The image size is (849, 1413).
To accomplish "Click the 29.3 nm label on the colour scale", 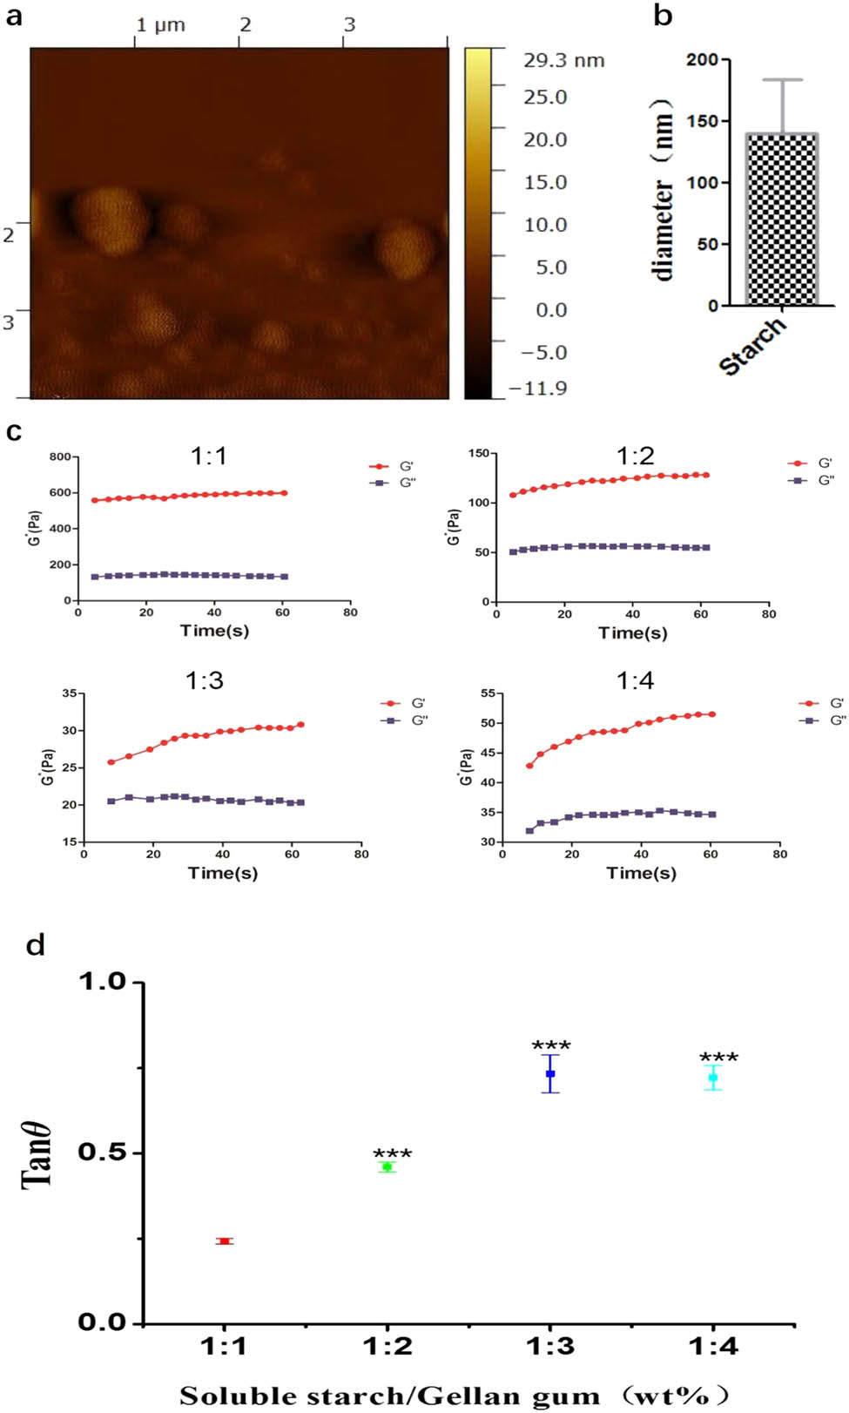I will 563,60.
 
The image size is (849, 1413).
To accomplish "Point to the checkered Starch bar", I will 781,220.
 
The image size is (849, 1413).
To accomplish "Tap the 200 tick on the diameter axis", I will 702,60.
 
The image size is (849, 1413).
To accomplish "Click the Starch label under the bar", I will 753,346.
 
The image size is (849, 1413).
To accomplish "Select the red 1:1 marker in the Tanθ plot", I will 225,1241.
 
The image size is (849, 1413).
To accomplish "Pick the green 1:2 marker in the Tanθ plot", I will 387,1166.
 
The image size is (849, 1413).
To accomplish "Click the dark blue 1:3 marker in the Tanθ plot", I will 550,1073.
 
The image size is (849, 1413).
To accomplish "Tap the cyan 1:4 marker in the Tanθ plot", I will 713,1078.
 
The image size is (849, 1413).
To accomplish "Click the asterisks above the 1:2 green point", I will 392,1153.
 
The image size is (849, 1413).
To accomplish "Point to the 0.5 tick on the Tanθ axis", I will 102,1152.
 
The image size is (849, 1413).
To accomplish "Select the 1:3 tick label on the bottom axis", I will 550,1347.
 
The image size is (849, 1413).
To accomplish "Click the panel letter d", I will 36,945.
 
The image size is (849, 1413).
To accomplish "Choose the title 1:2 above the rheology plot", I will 635,455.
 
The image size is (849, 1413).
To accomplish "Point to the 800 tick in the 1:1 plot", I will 60,456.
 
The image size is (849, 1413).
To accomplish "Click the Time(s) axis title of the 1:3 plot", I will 223,872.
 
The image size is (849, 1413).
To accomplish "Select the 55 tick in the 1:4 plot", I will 488,693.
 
